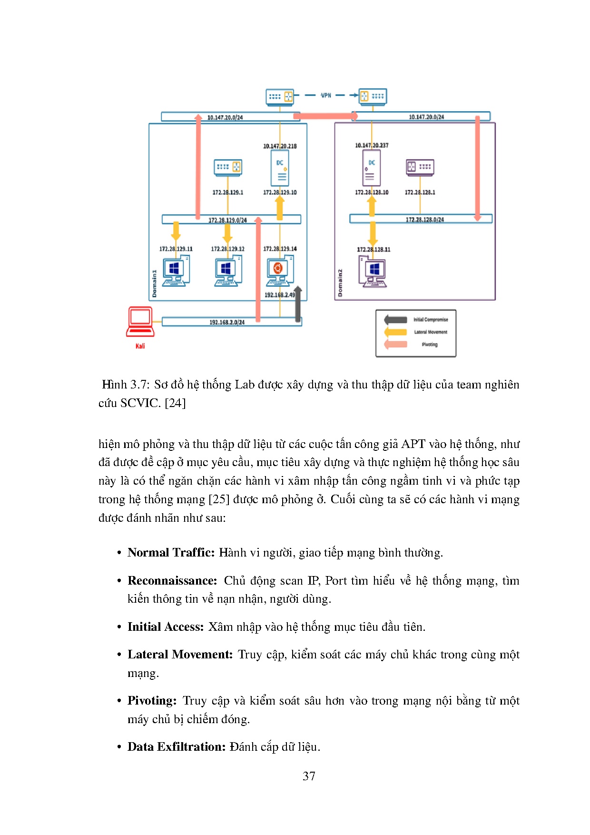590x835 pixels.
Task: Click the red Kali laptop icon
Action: [140, 322]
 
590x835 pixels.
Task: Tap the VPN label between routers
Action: [326, 95]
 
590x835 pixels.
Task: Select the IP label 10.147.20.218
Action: [280, 146]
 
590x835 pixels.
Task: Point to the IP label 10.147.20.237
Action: [372, 145]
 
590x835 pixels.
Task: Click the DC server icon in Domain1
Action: [280, 169]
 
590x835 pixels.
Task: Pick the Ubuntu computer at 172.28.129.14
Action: [280, 271]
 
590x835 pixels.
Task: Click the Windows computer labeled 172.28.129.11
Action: [176, 271]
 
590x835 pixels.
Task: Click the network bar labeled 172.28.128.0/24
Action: [424, 219]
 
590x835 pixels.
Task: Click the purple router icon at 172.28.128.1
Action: [420, 167]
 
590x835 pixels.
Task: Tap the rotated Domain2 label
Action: [340, 283]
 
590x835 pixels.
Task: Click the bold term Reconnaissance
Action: [172, 580]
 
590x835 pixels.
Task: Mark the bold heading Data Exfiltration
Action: [176, 746]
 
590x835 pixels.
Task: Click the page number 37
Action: [309, 776]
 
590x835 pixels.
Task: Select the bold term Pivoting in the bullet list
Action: [152, 700]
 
